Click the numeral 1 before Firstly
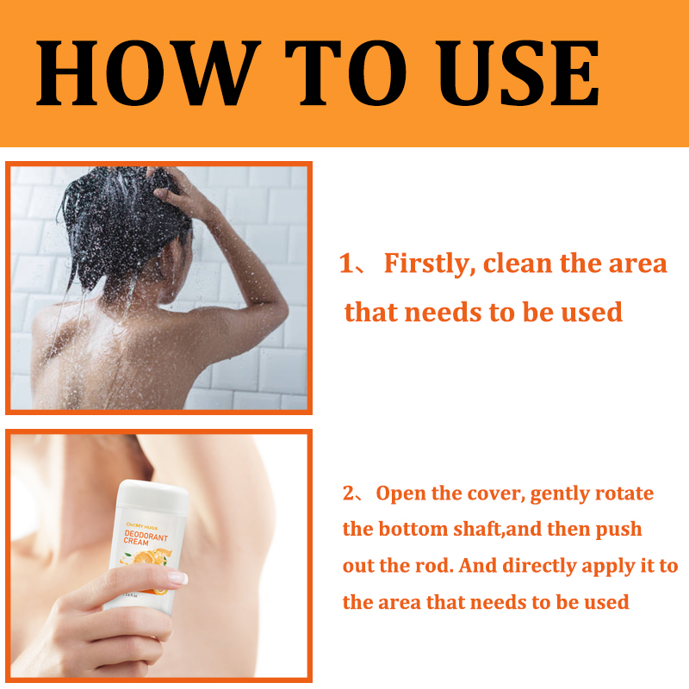click(x=347, y=264)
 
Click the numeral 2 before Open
click(x=349, y=493)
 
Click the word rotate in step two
click(x=624, y=493)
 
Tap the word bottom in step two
click(x=411, y=528)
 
